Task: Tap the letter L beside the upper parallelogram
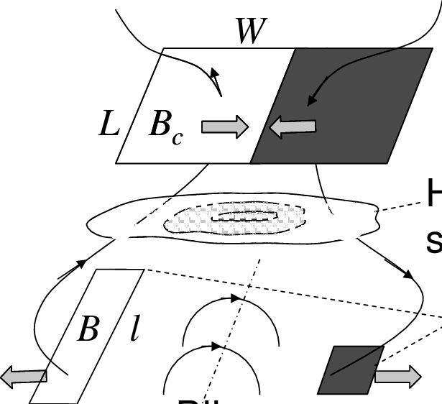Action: click(109, 125)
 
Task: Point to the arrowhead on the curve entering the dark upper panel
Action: click(309, 102)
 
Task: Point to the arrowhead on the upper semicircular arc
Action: click(235, 298)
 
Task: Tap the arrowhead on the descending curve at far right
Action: click(409, 275)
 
